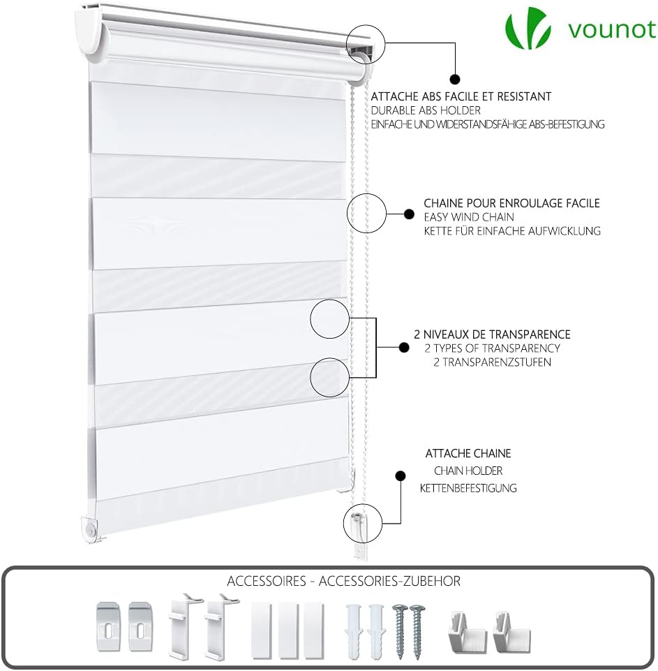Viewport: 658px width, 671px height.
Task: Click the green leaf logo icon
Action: click(x=528, y=28)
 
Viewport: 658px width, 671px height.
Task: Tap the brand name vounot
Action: click(x=612, y=29)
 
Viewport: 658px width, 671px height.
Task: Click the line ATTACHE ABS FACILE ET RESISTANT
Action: click(x=461, y=97)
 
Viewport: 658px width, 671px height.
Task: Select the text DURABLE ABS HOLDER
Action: click(x=426, y=110)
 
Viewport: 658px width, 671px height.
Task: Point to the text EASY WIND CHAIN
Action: click(x=469, y=217)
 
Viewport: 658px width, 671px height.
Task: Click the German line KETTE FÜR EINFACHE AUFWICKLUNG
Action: click(x=512, y=231)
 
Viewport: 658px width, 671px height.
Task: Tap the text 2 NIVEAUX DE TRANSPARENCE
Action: click(x=492, y=334)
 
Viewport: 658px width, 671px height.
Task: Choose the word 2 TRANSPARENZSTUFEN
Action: click(x=492, y=362)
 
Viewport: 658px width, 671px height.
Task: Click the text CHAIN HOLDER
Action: click(x=468, y=471)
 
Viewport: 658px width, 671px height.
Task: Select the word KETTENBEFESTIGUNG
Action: click(x=468, y=488)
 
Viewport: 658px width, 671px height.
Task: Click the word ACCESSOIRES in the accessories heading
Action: click(x=267, y=581)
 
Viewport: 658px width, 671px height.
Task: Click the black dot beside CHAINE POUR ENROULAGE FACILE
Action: click(x=409, y=214)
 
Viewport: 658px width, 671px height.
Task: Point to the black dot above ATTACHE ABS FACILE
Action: click(x=455, y=79)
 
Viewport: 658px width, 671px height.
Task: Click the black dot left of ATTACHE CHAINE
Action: click(x=401, y=475)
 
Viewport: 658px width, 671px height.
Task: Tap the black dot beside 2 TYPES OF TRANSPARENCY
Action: click(x=403, y=348)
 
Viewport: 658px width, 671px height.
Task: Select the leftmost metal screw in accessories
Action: click(x=401, y=631)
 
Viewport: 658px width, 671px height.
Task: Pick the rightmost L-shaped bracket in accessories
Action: click(x=511, y=633)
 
